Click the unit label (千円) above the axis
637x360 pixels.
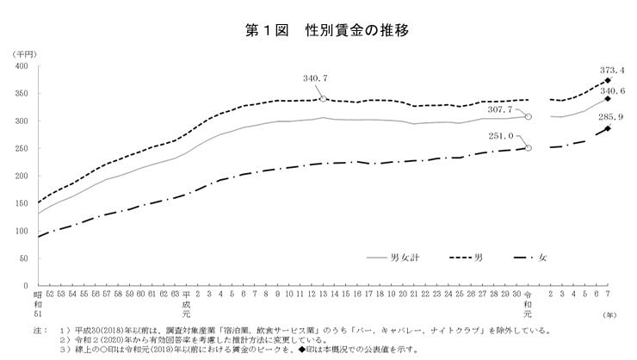[x=22, y=54]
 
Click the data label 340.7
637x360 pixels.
[x=316, y=78]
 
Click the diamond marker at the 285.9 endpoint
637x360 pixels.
[x=608, y=129]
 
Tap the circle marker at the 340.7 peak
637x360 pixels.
[x=323, y=99]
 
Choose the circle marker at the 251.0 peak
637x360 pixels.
[x=529, y=148]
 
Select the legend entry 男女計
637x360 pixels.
[x=392, y=257]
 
